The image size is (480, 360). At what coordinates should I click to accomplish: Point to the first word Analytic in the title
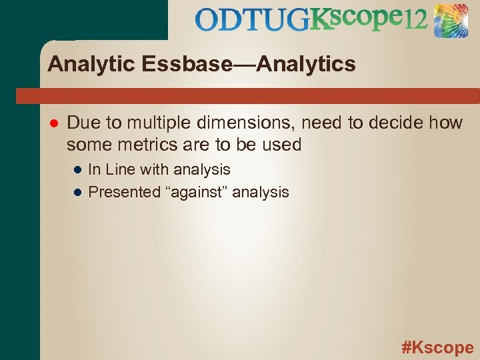coord(88,65)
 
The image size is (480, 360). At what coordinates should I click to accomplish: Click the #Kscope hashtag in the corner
coord(437,347)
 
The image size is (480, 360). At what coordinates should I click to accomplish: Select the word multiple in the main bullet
coord(158,123)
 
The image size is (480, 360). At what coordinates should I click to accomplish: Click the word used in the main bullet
coord(283,145)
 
